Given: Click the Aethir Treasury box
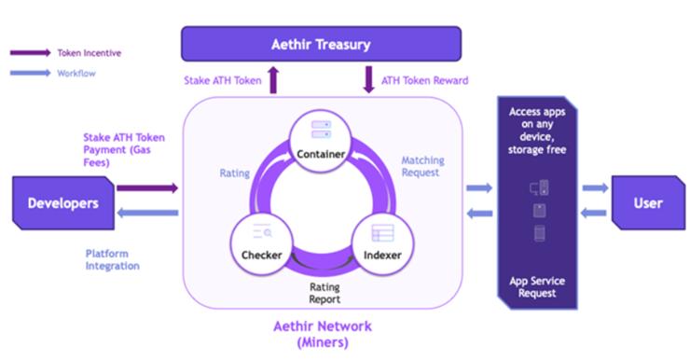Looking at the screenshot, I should tap(321, 44).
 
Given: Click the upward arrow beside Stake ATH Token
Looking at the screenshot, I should tap(274, 80).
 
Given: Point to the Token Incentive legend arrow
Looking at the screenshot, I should tap(30, 53).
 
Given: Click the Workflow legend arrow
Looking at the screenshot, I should tap(30, 73).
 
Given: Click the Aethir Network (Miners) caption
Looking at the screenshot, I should tap(322, 334).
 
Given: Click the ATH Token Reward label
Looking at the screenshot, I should tap(424, 81).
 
